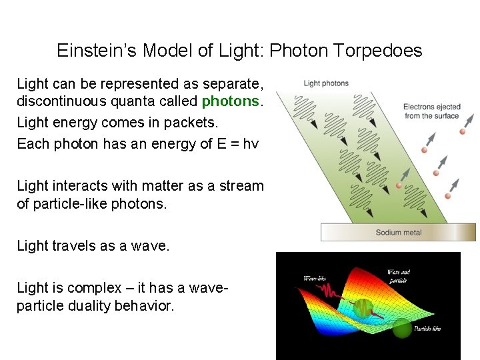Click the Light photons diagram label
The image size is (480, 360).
(326, 83)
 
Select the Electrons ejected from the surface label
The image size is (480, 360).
(431, 111)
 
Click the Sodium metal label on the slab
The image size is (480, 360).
(398, 233)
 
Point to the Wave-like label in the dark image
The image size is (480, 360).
(315, 278)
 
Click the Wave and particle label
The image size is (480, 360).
(398, 276)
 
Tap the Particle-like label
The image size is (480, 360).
(427, 328)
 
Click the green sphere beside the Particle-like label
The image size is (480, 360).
(401, 328)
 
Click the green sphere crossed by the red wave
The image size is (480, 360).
(363, 307)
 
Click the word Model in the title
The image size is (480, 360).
(167, 51)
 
